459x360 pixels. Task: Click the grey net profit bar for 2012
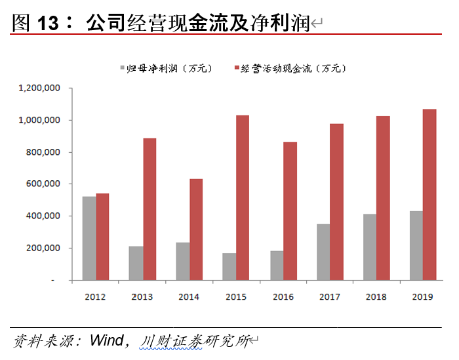tap(89, 238)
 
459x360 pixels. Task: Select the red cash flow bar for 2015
tap(243, 197)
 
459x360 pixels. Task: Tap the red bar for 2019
tap(429, 194)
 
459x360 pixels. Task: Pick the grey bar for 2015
tap(229, 266)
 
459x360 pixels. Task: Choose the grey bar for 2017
tap(323, 252)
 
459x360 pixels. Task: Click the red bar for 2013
tap(149, 209)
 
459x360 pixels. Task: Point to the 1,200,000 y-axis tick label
tap(40, 88)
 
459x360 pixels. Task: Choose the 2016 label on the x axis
tap(283, 296)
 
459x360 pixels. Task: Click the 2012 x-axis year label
tap(96, 296)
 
